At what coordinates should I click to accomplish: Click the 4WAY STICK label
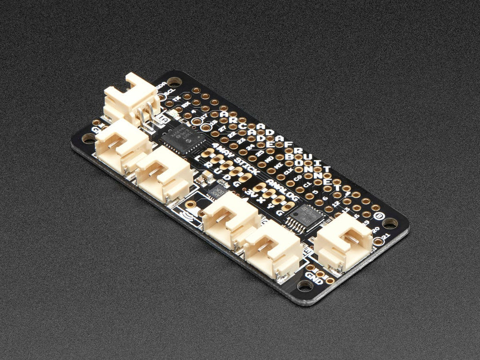235,159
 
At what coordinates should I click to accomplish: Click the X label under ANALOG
261,199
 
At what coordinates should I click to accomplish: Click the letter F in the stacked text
288,144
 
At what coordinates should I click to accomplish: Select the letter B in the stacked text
289,156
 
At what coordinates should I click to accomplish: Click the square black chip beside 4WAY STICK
176,139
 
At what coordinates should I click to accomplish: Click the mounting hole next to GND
304,285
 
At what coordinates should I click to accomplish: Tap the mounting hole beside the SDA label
174,81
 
